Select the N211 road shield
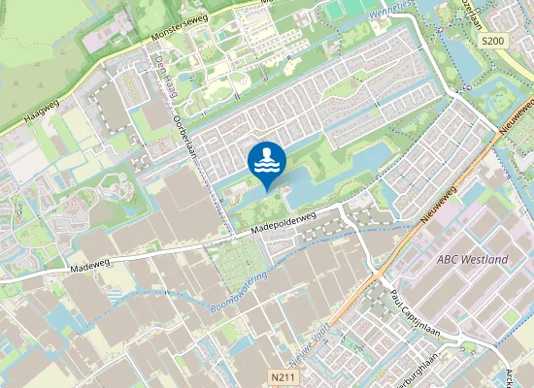(281, 373)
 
